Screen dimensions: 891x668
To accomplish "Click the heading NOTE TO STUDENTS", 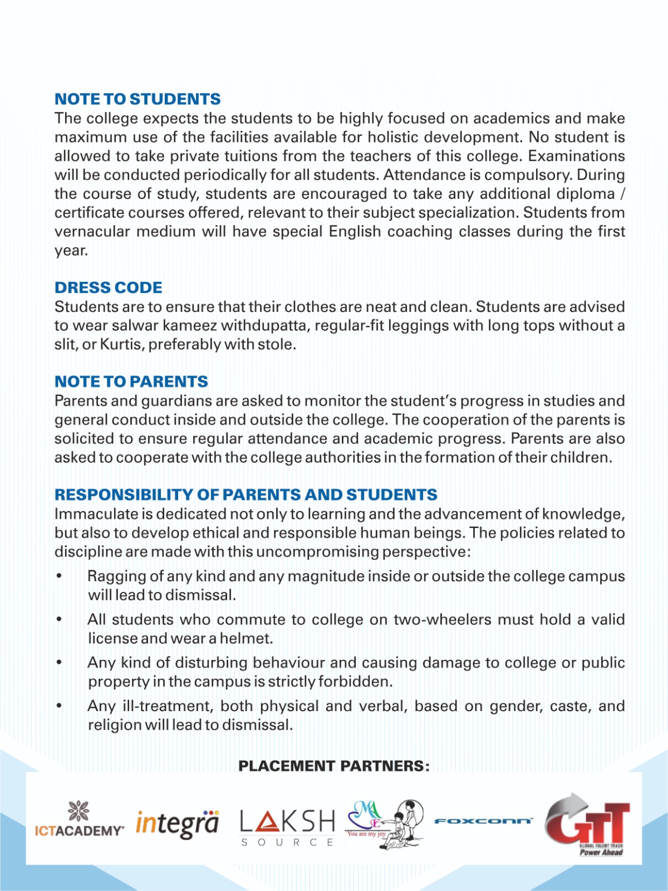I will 137,99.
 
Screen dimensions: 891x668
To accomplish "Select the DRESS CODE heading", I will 109,287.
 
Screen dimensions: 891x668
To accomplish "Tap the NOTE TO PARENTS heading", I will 131,381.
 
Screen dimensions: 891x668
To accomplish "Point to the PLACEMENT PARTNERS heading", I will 334,766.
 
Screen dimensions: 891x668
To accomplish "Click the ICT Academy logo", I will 79,820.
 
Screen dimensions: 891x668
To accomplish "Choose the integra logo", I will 178,824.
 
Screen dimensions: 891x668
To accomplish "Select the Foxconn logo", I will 484,821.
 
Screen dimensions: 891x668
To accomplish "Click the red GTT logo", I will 588,823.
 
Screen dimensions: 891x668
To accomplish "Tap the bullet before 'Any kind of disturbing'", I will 59,663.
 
